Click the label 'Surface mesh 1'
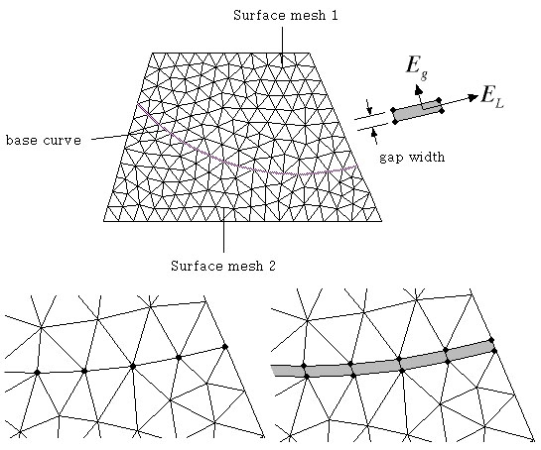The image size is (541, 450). point(285,16)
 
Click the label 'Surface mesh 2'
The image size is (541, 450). point(223,266)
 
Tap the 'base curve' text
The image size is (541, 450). point(44,140)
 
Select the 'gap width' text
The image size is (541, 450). point(412,158)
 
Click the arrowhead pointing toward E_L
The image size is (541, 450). point(473,97)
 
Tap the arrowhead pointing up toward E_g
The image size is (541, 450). point(418,90)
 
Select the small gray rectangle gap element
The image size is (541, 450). point(417,111)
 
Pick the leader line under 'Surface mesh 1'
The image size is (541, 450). point(282,47)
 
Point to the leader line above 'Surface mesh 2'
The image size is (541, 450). point(223,231)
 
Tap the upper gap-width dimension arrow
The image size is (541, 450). point(369,107)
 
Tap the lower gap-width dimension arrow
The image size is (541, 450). point(374,136)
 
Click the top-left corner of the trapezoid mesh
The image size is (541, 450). point(152,54)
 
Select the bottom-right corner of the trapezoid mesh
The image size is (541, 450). point(382,221)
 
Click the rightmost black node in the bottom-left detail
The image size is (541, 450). point(225,346)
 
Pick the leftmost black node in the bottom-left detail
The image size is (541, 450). point(38,372)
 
